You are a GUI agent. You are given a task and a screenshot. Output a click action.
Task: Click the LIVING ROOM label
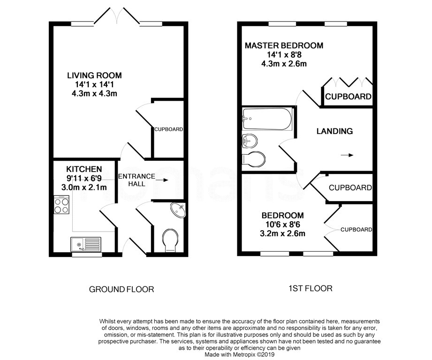click(94, 75)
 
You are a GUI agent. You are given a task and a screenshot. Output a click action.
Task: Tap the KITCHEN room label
click(84, 169)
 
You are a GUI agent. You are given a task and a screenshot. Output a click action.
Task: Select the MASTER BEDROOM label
click(284, 45)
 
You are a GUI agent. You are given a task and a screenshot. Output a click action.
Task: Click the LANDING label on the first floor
click(334, 131)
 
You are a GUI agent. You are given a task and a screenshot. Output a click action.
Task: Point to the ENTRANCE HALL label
click(136, 180)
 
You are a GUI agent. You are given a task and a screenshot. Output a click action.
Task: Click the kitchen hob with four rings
click(61, 205)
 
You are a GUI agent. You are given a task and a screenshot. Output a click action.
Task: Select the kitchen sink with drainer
click(86, 244)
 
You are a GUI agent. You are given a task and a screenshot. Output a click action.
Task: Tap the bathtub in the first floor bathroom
click(267, 119)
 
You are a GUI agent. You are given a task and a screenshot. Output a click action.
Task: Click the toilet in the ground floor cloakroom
click(170, 240)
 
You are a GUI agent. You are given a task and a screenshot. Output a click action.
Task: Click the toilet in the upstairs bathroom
click(253, 159)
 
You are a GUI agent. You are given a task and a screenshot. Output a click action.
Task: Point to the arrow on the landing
click(347, 155)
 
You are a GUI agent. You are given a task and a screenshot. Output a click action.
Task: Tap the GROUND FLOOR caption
click(121, 289)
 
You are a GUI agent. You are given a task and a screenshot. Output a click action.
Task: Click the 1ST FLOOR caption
click(310, 288)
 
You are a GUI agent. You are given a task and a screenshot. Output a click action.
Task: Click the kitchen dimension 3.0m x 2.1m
click(84, 187)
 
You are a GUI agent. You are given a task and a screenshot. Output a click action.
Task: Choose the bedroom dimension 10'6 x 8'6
click(283, 225)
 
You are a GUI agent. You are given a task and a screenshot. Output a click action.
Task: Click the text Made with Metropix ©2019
click(239, 355)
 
